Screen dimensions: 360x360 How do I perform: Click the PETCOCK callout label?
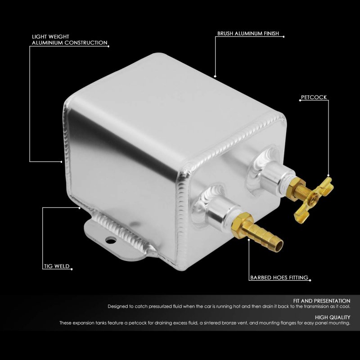click(x=314, y=97)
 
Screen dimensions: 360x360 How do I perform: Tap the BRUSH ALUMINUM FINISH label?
click(x=248, y=33)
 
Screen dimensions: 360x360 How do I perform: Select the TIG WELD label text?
click(x=57, y=266)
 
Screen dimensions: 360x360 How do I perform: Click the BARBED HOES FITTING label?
click(x=279, y=277)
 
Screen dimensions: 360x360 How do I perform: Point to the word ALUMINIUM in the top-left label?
click(x=47, y=43)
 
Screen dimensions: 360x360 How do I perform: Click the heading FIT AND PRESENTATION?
click(x=322, y=301)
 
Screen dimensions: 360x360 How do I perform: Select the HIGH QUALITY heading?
click(x=333, y=317)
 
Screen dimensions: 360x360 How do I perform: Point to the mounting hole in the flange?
click(x=111, y=240)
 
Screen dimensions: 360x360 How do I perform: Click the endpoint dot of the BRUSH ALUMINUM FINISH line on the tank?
click(x=215, y=76)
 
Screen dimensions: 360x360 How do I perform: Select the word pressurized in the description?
click(x=160, y=306)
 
